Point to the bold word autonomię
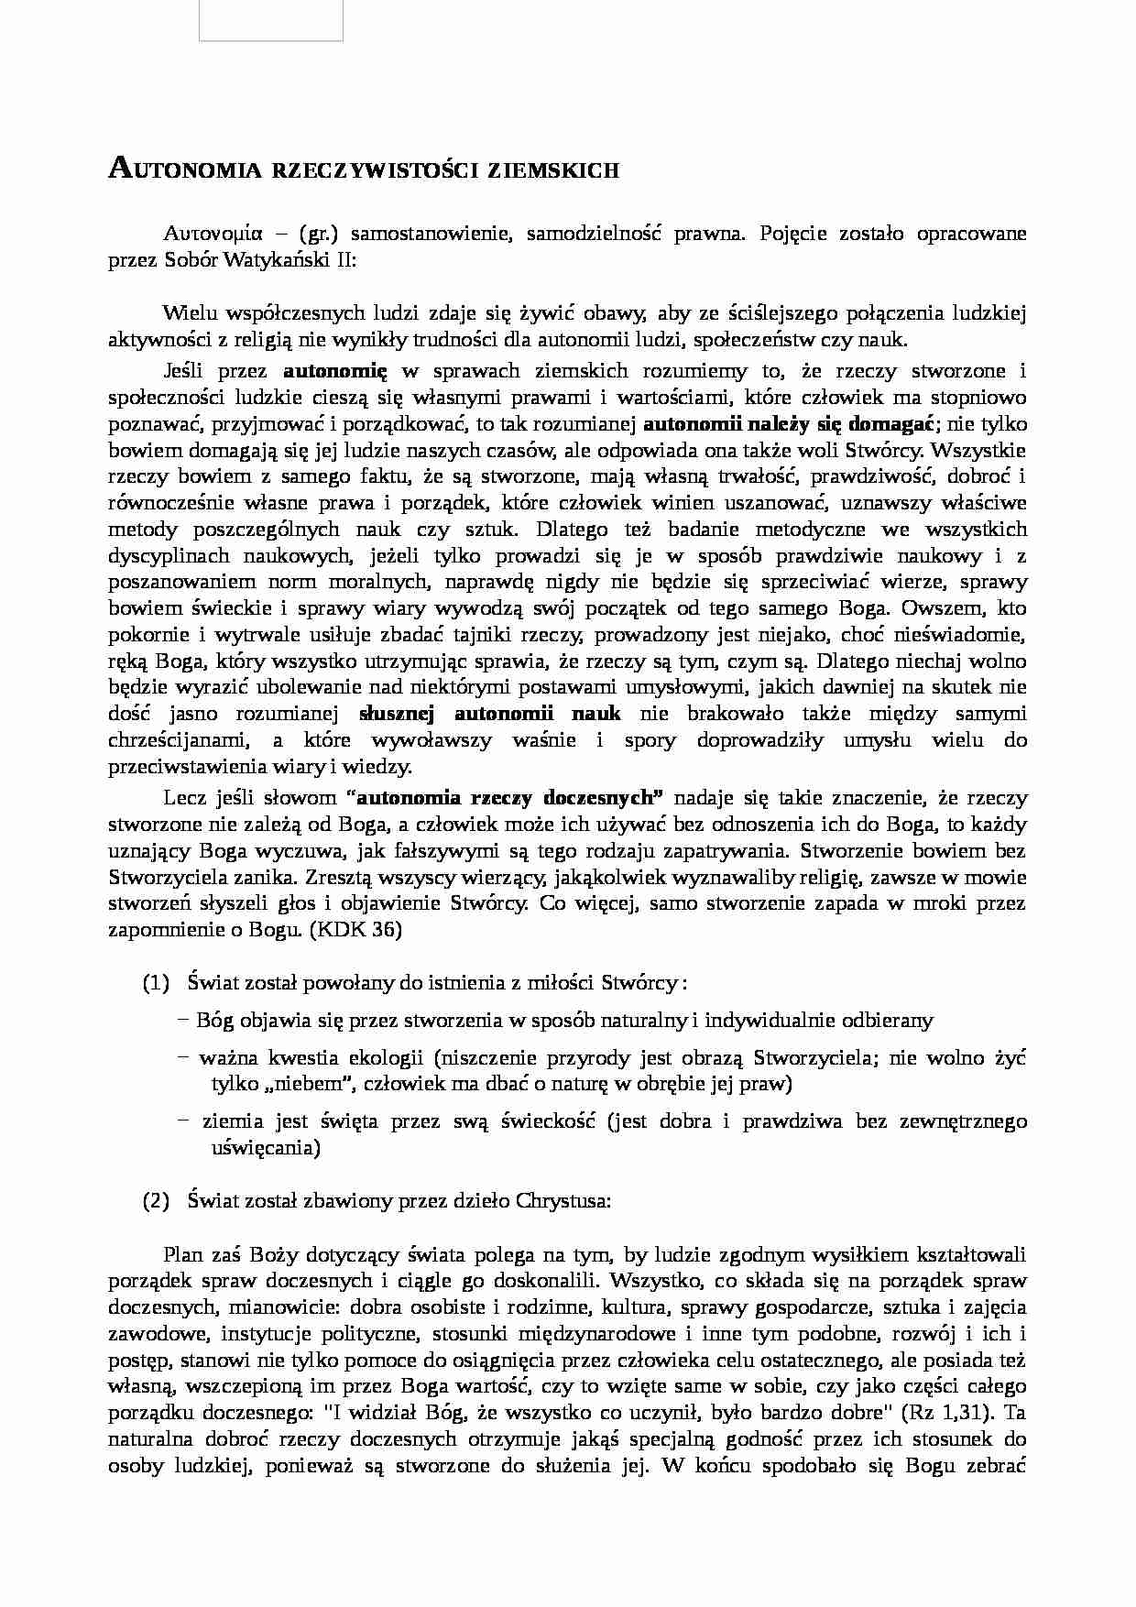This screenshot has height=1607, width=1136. (x=335, y=371)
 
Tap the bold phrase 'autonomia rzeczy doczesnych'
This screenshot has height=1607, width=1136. (x=504, y=796)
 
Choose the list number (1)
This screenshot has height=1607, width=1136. (x=157, y=983)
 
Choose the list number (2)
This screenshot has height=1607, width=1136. (x=157, y=1201)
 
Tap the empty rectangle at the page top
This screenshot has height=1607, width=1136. (x=271, y=20)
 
